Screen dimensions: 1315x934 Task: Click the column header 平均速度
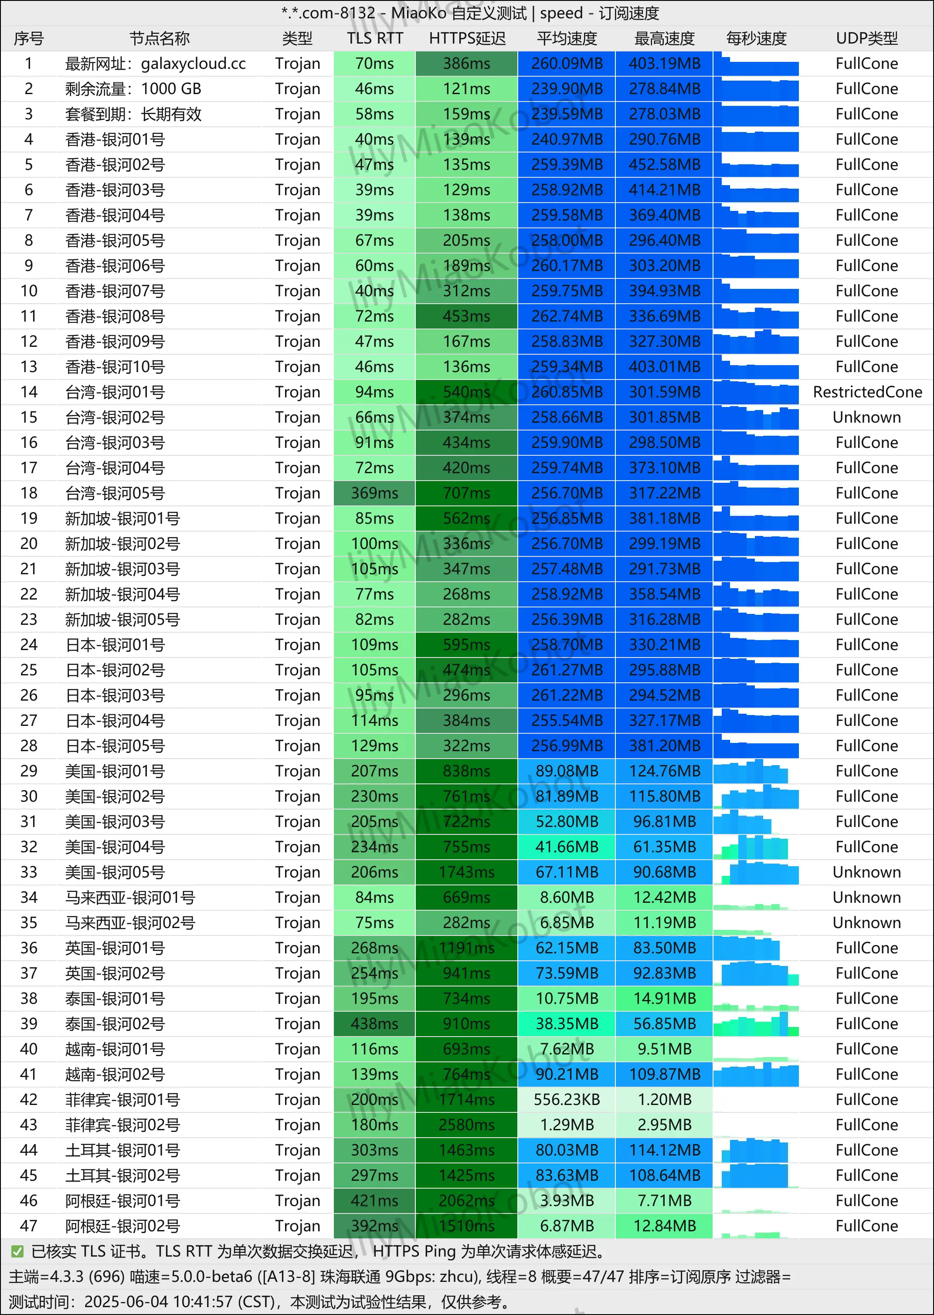pos(567,38)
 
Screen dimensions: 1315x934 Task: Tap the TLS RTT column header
pos(374,38)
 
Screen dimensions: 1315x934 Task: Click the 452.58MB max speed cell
pos(664,164)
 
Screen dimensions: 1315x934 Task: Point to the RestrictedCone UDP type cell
pos(867,392)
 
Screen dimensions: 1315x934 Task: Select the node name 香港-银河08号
pos(115,316)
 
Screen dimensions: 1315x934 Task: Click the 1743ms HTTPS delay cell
pos(466,872)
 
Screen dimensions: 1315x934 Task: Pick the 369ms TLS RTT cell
pos(374,493)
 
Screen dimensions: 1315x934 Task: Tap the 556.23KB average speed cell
pos(567,1099)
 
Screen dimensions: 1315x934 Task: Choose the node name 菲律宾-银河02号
pos(122,1125)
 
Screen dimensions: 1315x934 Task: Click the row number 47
pos(29,1226)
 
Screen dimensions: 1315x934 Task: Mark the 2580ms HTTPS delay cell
pos(466,1125)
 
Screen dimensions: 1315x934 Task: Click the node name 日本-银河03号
pos(115,695)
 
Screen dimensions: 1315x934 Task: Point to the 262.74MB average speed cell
pos(567,316)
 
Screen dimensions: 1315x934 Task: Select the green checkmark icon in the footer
pos(17,1251)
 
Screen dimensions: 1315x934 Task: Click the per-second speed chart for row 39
pos(756,1024)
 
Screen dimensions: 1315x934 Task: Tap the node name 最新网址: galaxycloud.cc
pos(155,63)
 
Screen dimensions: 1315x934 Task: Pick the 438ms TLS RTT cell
pos(374,1024)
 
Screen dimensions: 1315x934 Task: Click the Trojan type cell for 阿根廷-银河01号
pos(297,1200)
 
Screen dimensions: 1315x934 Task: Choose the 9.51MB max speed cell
pos(664,1049)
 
